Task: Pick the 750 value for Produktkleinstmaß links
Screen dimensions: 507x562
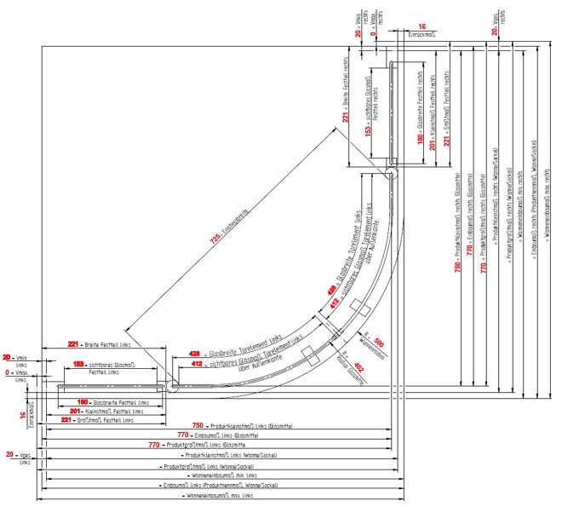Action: pos(198,424)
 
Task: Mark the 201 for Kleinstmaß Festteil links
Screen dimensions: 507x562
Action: pos(74,411)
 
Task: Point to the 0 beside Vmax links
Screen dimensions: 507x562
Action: pos(7,373)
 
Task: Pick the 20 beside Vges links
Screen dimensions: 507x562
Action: pos(9,455)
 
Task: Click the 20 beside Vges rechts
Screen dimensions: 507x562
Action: pos(495,32)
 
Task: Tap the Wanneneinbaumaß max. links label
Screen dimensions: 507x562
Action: pos(217,495)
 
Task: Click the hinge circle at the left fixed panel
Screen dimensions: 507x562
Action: pos(172,385)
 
